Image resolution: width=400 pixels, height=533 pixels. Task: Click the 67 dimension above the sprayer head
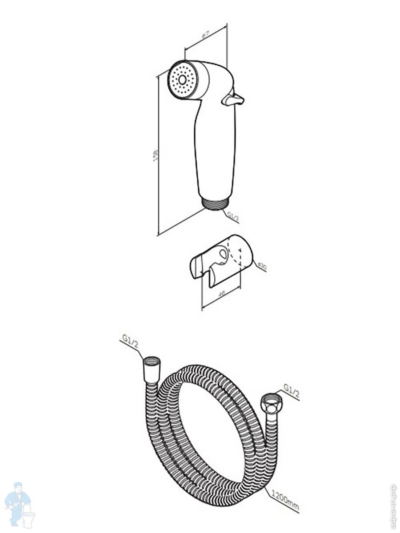(x=205, y=34)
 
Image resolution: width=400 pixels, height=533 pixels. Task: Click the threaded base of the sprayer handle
(x=216, y=203)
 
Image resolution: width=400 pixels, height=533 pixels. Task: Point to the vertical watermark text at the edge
(x=393, y=506)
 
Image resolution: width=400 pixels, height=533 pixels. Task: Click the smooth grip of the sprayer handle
(x=214, y=151)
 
